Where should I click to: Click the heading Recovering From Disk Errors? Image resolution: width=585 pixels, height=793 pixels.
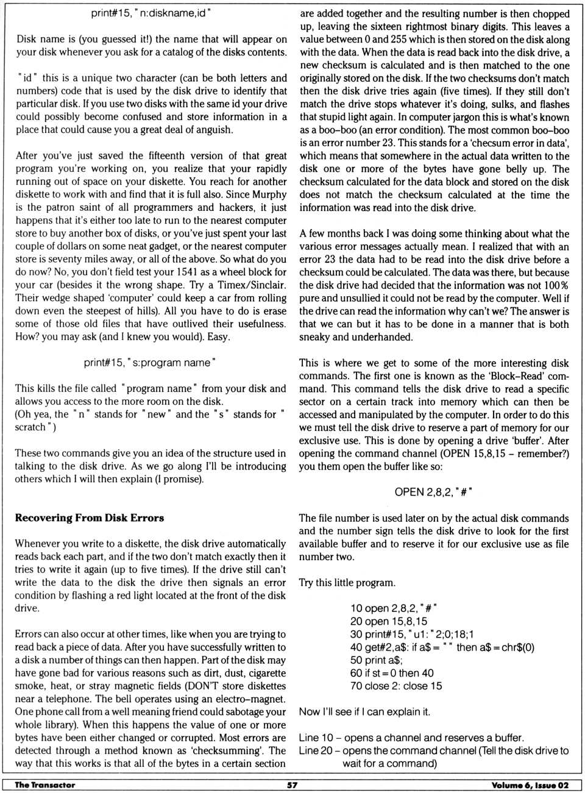[x=90, y=518]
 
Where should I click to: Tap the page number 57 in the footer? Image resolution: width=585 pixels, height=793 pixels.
[x=292, y=785]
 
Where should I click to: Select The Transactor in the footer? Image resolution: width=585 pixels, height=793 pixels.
[x=45, y=785]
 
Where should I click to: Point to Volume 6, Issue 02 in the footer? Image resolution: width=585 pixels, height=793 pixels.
[x=530, y=785]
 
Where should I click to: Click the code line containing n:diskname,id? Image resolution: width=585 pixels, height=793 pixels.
[x=151, y=13]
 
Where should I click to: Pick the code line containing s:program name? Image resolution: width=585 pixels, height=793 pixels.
[x=151, y=363]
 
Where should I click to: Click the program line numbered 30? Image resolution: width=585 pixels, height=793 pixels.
[x=412, y=634]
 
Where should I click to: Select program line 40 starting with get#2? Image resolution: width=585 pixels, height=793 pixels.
[x=442, y=647]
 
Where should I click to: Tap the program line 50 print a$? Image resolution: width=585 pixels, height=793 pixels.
[x=377, y=660]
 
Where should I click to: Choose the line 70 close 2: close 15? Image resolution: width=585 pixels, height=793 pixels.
[x=396, y=686]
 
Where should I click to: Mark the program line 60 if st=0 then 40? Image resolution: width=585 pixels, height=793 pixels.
[x=392, y=673]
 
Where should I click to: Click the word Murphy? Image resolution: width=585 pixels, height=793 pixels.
[x=269, y=194]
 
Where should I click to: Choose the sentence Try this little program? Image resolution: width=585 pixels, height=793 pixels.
[x=347, y=583]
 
